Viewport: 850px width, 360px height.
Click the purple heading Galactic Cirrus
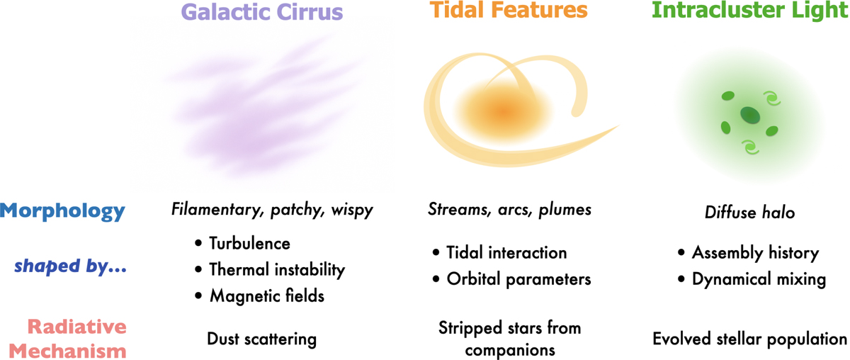pyautogui.click(x=262, y=12)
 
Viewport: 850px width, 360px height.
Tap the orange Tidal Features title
pyautogui.click(x=509, y=9)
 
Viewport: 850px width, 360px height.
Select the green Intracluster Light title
pyautogui.click(x=750, y=10)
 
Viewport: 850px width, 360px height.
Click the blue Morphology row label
pyautogui.click(x=62, y=211)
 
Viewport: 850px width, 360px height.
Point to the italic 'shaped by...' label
pyautogui.click(x=71, y=266)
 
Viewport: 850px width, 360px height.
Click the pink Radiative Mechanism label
pyautogui.click(x=68, y=339)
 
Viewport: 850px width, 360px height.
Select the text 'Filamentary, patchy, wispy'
pyautogui.click(x=272, y=210)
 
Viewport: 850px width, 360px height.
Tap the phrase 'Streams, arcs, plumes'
pyautogui.click(x=509, y=209)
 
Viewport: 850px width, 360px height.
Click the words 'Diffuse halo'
pyautogui.click(x=750, y=213)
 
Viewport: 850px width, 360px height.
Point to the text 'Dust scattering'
pyautogui.click(x=262, y=339)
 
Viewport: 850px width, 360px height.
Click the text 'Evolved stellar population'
pyautogui.click(x=750, y=339)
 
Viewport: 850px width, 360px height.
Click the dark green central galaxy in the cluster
pyautogui.click(x=750, y=116)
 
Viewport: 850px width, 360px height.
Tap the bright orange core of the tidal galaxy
pyautogui.click(x=504, y=112)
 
